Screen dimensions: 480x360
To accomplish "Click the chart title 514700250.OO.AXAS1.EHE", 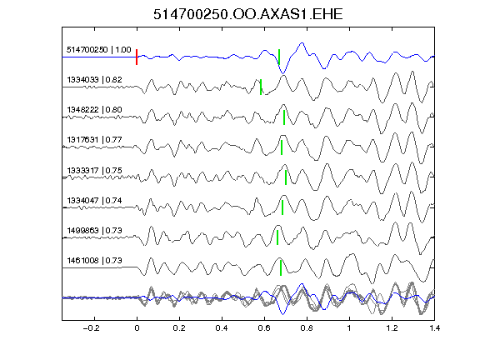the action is pos(247,14).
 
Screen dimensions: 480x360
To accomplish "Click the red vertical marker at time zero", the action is pos(137,57).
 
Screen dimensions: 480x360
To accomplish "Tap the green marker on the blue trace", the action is pos(279,57).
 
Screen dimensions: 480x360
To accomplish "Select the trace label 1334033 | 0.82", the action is pos(94,80).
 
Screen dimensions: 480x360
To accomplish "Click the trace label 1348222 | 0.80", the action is pos(94,110).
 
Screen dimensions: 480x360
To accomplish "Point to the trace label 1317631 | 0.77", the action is pos(94,140).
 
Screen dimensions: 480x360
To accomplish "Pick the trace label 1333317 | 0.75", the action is pos(94,170).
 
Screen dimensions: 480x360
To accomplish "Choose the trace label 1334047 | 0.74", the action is pos(94,201).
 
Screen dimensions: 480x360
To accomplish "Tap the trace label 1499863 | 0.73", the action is pos(94,230).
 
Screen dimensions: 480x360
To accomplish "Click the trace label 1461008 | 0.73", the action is pos(94,261).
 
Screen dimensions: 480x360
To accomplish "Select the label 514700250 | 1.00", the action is pos(99,50).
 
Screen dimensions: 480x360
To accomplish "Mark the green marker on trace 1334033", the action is pos(261,87).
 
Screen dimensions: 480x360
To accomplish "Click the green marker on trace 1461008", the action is pos(280,267).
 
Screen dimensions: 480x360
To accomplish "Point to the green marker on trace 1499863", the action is pos(277,237).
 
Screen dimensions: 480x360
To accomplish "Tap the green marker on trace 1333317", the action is pos(286,177).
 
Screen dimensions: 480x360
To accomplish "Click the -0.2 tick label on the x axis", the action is pos(92,328).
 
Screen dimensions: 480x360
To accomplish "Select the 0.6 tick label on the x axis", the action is pos(264,328).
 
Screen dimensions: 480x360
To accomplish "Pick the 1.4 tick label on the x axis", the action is pos(434,328).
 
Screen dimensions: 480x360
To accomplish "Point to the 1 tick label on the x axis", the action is pos(349,328).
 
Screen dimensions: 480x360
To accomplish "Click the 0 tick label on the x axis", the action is pos(137,328).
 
